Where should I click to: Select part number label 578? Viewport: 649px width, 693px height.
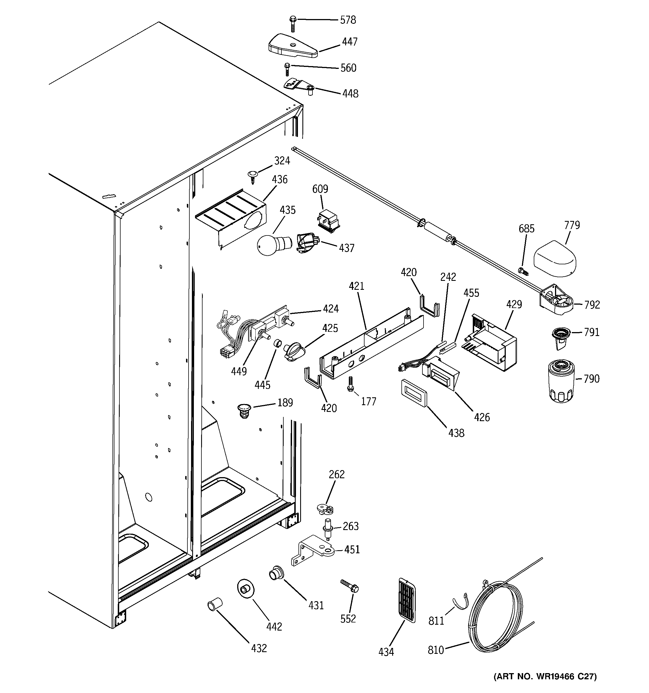tap(348, 20)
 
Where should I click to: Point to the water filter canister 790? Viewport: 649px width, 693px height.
tap(561, 381)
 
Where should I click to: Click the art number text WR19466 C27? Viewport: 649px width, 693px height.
tap(545, 676)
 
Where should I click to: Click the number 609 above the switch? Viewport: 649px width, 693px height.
tap(320, 189)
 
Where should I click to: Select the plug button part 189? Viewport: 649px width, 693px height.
tap(244, 410)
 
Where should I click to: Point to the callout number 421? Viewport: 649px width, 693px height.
tap(356, 286)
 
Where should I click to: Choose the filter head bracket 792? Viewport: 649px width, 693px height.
tap(556, 300)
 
